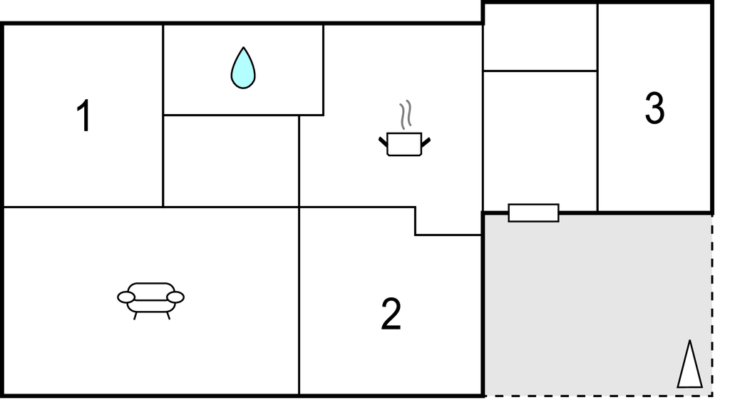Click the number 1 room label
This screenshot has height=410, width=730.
point(84,116)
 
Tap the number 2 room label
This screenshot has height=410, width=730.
point(391,314)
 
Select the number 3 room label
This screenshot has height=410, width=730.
point(654,108)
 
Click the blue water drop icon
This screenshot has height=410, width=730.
point(243,68)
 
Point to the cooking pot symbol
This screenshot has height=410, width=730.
point(404,143)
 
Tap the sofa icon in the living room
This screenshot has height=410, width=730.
point(151,300)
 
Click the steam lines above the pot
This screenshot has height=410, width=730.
point(406,115)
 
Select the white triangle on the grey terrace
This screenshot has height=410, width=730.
point(689,364)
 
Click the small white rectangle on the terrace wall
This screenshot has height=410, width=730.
point(533,213)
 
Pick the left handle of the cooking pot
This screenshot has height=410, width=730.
point(383,141)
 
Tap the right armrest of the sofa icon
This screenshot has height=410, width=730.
point(175,297)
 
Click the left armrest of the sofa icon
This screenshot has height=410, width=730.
point(126,297)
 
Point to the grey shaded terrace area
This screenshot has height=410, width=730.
point(598,305)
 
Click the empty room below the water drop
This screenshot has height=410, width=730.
point(231,160)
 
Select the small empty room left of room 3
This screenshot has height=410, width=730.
point(540,37)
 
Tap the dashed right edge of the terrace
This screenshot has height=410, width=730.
point(712,305)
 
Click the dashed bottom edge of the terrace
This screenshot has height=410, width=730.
point(599,396)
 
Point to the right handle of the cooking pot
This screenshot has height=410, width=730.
point(426,142)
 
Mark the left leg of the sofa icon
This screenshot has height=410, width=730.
point(135,315)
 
